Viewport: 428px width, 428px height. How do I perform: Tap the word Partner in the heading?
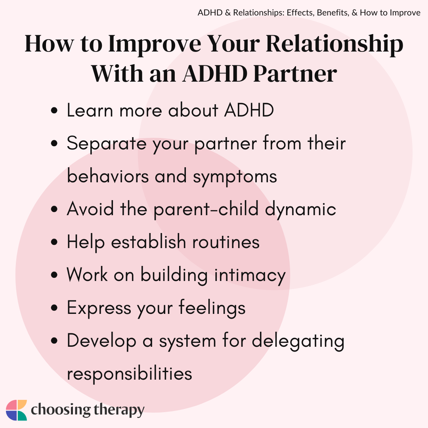(x=295, y=74)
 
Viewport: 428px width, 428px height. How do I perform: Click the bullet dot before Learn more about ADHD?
(x=54, y=111)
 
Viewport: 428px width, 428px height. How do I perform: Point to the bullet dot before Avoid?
(x=54, y=209)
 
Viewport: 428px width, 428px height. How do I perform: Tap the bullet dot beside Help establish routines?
(x=54, y=242)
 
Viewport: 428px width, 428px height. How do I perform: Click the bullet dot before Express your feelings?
(x=54, y=308)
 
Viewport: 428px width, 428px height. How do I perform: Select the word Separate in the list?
(x=107, y=144)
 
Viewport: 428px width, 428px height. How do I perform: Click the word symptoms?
(x=235, y=177)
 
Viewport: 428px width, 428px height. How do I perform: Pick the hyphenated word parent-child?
(x=206, y=210)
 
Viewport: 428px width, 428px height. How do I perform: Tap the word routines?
(x=226, y=242)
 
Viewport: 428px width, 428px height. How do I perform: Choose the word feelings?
(x=212, y=308)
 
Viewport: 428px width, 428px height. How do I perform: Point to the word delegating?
(x=298, y=341)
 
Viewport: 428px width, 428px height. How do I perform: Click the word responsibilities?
(x=130, y=374)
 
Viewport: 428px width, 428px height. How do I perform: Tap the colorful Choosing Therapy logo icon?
(x=16, y=410)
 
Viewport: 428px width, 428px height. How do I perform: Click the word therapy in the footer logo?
(x=119, y=410)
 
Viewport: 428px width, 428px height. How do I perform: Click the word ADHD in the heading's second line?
(x=215, y=74)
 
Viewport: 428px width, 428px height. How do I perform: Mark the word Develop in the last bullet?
(x=101, y=341)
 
